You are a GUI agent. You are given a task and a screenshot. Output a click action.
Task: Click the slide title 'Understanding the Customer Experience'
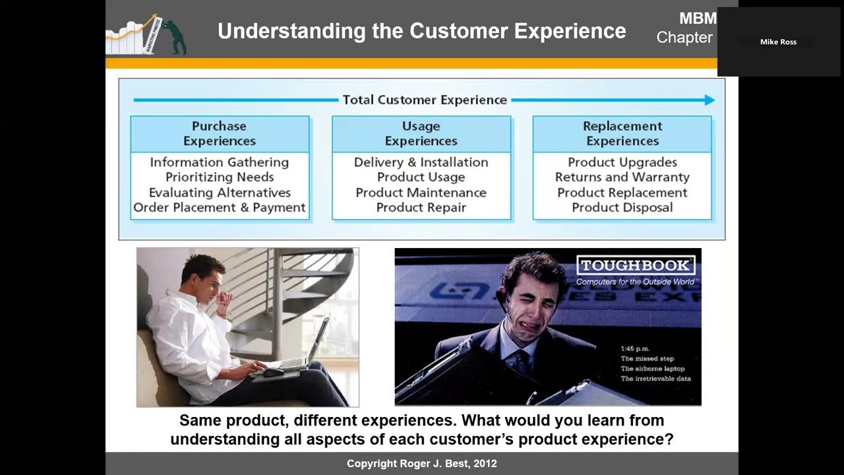pyautogui.click(x=421, y=31)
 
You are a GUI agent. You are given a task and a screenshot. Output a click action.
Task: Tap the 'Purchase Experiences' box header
pyautogui.click(x=220, y=134)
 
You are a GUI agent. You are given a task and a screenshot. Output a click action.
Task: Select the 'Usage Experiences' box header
pyautogui.click(x=421, y=134)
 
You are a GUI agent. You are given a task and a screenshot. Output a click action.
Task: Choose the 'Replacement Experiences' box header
pyautogui.click(x=622, y=134)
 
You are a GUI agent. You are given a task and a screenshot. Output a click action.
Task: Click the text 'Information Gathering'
pyautogui.click(x=220, y=162)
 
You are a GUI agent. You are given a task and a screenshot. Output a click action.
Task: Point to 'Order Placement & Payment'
pyautogui.click(x=220, y=208)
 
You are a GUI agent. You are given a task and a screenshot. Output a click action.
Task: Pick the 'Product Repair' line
pyautogui.click(x=421, y=208)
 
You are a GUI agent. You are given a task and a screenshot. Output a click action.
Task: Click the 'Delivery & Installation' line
pyautogui.click(x=421, y=162)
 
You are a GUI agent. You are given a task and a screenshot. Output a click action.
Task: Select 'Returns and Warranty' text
pyautogui.click(x=622, y=177)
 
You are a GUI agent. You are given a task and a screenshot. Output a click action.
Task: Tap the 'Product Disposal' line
pyautogui.click(x=622, y=208)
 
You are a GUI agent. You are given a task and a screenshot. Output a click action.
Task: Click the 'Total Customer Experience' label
pyautogui.click(x=425, y=100)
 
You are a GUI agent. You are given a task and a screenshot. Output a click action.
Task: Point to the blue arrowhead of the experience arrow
pyautogui.click(x=709, y=100)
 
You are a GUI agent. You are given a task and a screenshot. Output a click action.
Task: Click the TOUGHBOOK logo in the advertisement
pyautogui.click(x=636, y=266)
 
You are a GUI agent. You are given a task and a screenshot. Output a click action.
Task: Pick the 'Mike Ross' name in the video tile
pyautogui.click(x=778, y=42)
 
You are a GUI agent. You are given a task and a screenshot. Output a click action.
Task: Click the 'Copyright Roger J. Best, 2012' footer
pyautogui.click(x=422, y=464)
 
